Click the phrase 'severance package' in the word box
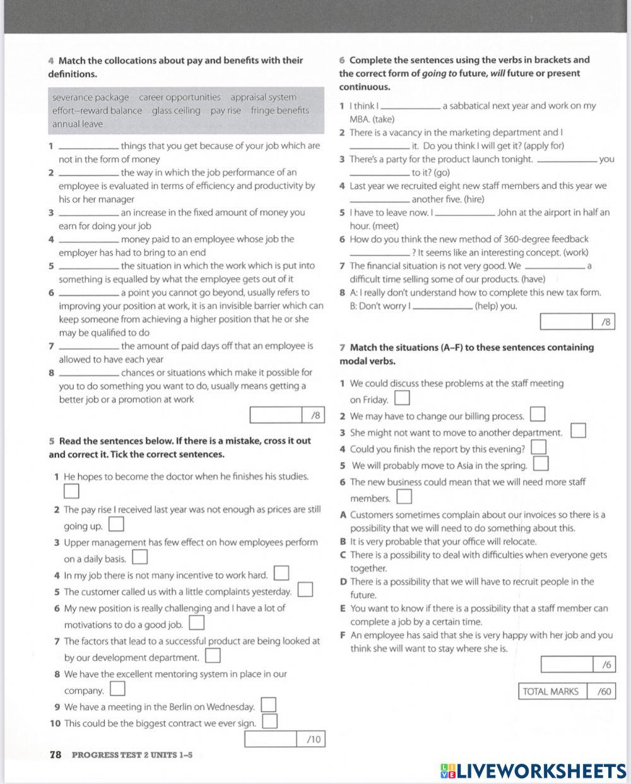(x=90, y=97)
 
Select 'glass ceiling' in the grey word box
(x=176, y=110)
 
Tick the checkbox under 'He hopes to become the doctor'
(x=71, y=490)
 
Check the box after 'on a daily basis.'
(x=140, y=557)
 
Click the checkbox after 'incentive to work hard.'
(x=281, y=574)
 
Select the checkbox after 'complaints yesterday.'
(x=305, y=590)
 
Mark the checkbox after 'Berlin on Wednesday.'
(x=269, y=705)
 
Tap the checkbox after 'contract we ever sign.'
(x=269, y=722)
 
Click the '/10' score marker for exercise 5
(x=312, y=739)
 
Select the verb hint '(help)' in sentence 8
(x=488, y=306)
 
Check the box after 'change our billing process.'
(x=538, y=415)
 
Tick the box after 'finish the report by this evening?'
(x=539, y=448)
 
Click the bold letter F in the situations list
(x=343, y=636)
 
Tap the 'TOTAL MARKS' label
(x=551, y=691)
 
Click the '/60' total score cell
(x=602, y=691)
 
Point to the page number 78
(x=56, y=754)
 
